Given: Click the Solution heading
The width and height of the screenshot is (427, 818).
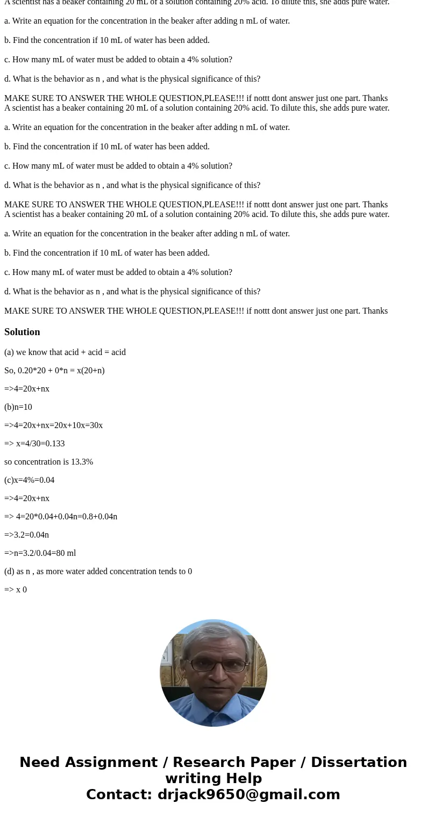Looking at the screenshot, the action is pyautogui.click(x=22, y=332).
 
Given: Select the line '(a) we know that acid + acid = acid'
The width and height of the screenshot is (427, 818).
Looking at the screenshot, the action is pyautogui.click(x=65, y=352).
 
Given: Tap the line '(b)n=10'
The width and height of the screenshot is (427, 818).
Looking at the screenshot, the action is pyautogui.click(x=18, y=407).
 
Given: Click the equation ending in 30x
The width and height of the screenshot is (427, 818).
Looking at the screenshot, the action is pyautogui.click(x=53, y=425).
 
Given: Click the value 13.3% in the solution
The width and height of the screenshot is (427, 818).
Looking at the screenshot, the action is pyautogui.click(x=82, y=462).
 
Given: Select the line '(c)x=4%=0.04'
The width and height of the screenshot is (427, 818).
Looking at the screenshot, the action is pyautogui.click(x=29, y=480).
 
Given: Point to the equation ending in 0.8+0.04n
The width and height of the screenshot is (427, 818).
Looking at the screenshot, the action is pyautogui.click(x=61, y=517).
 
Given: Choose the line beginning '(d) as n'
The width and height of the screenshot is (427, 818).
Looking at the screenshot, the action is pyautogui.click(x=98, y=571).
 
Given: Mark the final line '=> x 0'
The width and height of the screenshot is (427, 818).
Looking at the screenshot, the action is pyautogui.click(x=16, y=590).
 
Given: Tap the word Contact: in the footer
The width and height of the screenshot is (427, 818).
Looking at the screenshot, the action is pyautogui.click(x=119, y=794).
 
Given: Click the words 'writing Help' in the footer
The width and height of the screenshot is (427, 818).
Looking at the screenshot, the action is pyautogui.click(x=213, y=778).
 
